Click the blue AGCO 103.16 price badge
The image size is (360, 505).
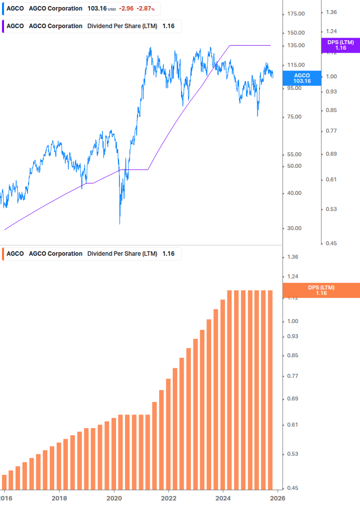point(302,78)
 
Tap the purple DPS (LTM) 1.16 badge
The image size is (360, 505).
point(340,45)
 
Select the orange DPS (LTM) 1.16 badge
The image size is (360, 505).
point(321,290)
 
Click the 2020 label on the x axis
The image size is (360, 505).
point(114,497)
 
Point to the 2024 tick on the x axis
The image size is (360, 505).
point(223,497)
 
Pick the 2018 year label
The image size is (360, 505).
point(59,497)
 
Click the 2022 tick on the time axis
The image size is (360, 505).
point(169,497)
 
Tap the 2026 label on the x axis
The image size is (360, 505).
point(278,497)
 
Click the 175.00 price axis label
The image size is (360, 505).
point(295,14)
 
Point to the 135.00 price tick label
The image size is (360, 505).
point(295,46)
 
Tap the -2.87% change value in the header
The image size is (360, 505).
point(146,9)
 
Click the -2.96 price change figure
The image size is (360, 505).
point(126,9)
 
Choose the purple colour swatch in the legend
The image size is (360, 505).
point(4,26)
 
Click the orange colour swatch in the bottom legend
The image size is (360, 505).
point(4,254)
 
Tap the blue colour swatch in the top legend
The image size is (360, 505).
point(4,9)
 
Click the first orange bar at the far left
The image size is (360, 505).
point(5,481)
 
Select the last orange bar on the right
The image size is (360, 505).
point(270,389)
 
